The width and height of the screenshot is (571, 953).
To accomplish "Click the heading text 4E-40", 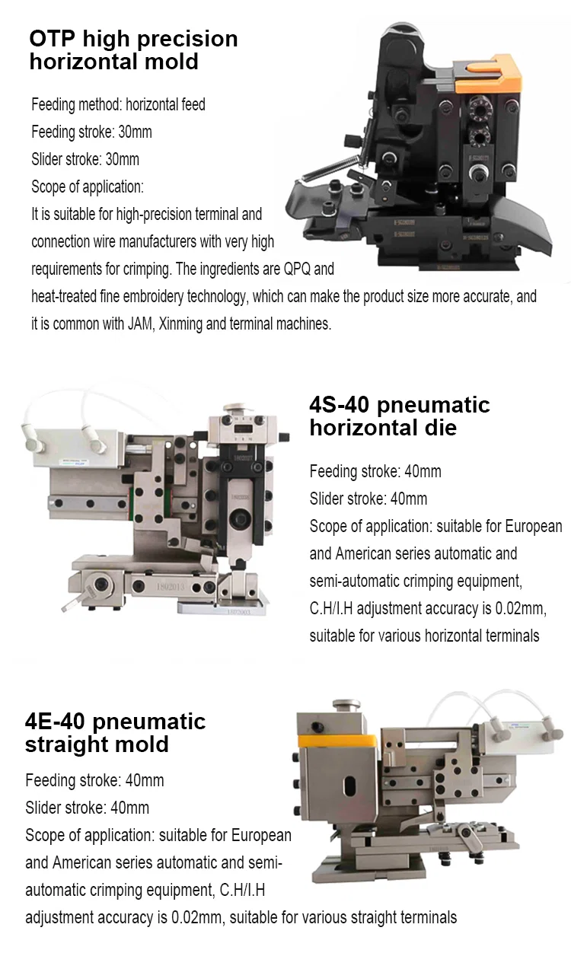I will click(x=57, y=721).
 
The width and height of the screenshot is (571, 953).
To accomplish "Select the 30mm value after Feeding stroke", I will click(x=136, y=132).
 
